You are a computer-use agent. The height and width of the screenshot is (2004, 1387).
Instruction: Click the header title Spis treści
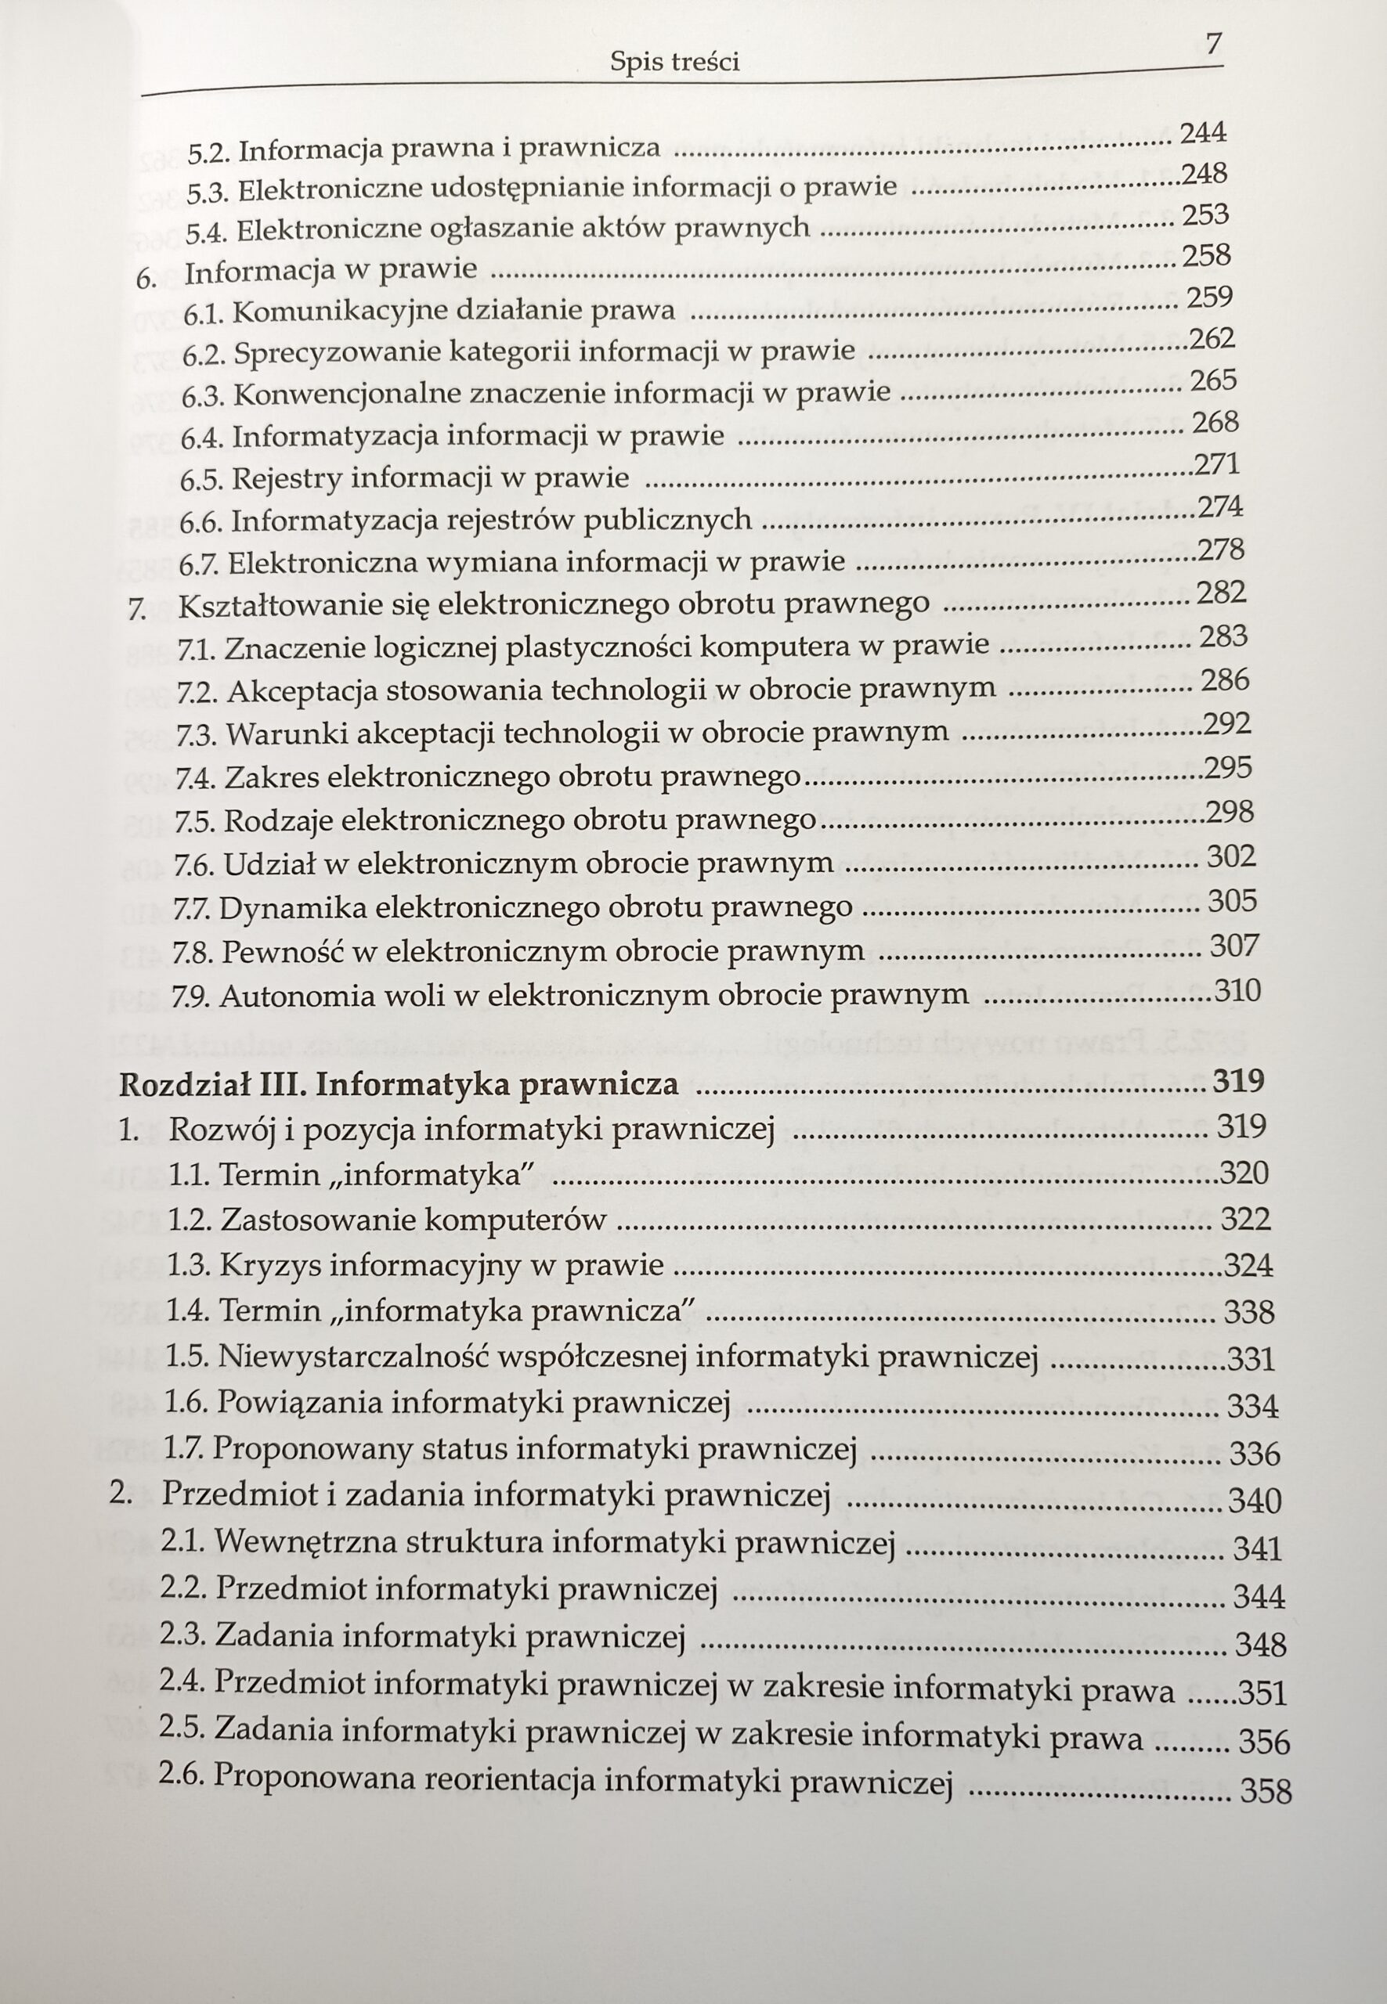click(674, 62)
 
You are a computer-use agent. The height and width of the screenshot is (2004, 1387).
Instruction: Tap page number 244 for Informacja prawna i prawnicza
click(1203, 133)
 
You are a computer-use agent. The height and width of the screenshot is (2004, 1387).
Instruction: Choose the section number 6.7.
click(199, 564)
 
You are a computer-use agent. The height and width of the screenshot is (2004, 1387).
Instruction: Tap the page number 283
click(1223, 636)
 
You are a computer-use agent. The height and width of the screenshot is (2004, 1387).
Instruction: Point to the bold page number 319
click(1237, 1082)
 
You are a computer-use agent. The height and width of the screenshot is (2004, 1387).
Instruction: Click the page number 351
click(1262, 1694)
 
